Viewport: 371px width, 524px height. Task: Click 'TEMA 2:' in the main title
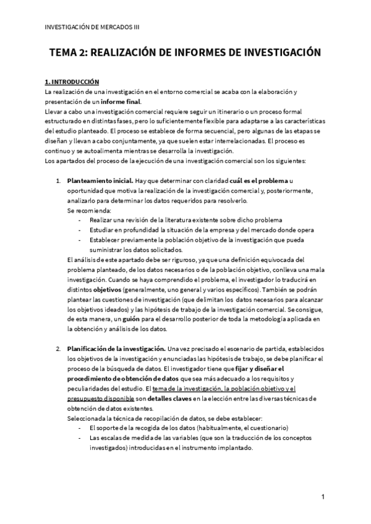(69, 53)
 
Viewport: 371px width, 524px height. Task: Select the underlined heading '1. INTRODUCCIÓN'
(72, 82)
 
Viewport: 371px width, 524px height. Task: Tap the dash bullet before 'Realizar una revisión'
(79, 220)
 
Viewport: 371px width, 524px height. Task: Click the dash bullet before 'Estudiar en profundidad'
(79, 230)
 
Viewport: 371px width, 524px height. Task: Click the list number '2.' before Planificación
(58, 349)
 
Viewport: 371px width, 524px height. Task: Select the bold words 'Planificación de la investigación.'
(116, 349)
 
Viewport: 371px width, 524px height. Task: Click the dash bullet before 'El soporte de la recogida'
(79, 428)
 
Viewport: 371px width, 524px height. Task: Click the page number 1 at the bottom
(323, 497)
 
